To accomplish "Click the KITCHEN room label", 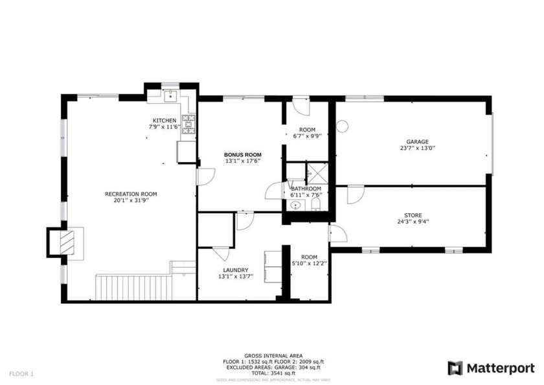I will pyautogui.click(x=164, y=121).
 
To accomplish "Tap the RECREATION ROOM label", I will pyautogui.click(x=131, y=194).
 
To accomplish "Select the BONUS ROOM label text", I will pyautogui.click(x=243, y=154).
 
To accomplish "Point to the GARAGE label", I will pyautogui.click(x=417, y=141).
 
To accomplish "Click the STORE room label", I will pyautogui.click(x=413, y=215).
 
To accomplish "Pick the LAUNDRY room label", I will pyautogui.click(x=235, y=270).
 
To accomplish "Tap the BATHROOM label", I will pyautogui.click(x=306, y=189).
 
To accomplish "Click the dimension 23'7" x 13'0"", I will pyautogui.click(x=417, y=148).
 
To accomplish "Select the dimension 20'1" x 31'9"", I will pyautogui.click(x=131, y=200).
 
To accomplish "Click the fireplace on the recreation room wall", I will pyautogui.click(x=67, y=243).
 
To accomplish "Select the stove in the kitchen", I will pyautogui.click(x=188, y=124).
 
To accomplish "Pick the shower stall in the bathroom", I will pyautogui.click(x=317, y=172).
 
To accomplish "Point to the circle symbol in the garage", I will pyautogui.click(x=343, y=126).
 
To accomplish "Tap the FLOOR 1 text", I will pyautogui.click(x=21, y=373).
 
